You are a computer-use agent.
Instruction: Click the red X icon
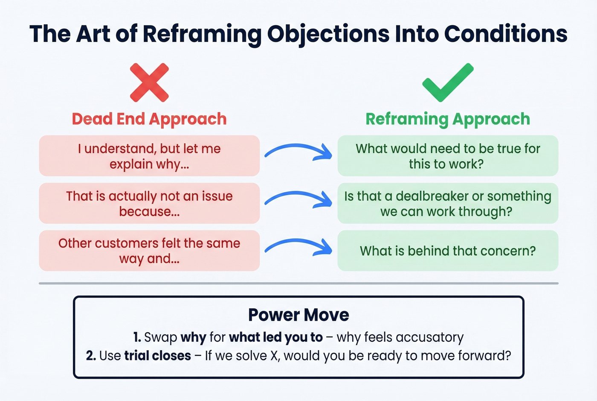pyautogui.click(x=149, y=82)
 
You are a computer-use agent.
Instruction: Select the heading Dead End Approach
pyautogui.click(x=149, y=119)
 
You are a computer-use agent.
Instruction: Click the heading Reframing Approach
pyautogui.click(x=448, y=119)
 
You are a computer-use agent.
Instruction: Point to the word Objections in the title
pyautogui.click(x=328, y=34)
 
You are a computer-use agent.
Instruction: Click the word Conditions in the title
pyautogui.click(x=505, y=34)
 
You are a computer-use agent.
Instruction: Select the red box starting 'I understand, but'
pyautogui.click(x=149, y=156)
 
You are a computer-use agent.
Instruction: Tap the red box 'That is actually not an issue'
pyautogui.click(x=149, y=203)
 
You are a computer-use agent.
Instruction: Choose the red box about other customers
pyautogui.click(x=149, y=251)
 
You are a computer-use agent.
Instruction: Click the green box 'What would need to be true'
pyautogui.click(x=448, y=156)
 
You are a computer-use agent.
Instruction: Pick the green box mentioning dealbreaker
pyautogui.click(x=448, y=203)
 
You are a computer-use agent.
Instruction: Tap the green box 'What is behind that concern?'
pyautogui.click(x=448, y=251)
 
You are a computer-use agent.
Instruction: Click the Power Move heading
pyautogui.click(x=298, y=315)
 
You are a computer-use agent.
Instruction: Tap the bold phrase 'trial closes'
pyautogui.click(x=157, y=356)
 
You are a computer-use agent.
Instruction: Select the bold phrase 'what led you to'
pyautogui.click(x=275, y=337)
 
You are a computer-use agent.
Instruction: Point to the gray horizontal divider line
pyautogui.click(x=298, y=283)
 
